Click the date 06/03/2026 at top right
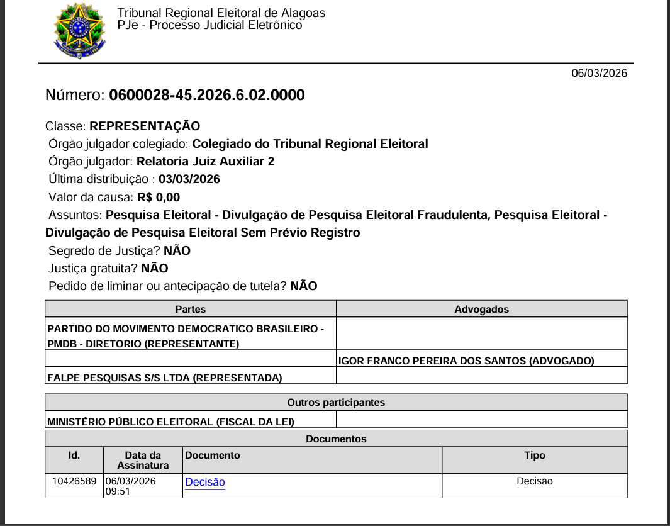coord(599,73)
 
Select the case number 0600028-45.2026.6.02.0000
coord(207,95)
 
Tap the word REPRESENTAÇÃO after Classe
coord(145,126)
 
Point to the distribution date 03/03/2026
coord(189,179)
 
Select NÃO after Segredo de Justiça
coord(177,250)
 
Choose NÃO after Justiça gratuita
coord(155,268)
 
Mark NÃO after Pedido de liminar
coord(304,286)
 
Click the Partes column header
coord(191,309)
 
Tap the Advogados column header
coord(481,309)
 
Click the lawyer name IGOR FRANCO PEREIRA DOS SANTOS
coord(466,361)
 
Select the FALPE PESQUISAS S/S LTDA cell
coord(165,378)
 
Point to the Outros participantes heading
coord(336,402)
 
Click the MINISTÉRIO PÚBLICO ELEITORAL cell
coord(171,421)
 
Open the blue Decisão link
coord(205,482)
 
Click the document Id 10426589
coord(74,481)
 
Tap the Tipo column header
coord(535,455)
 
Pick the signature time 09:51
coord(118,491)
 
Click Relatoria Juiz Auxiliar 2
coord(205,161)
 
